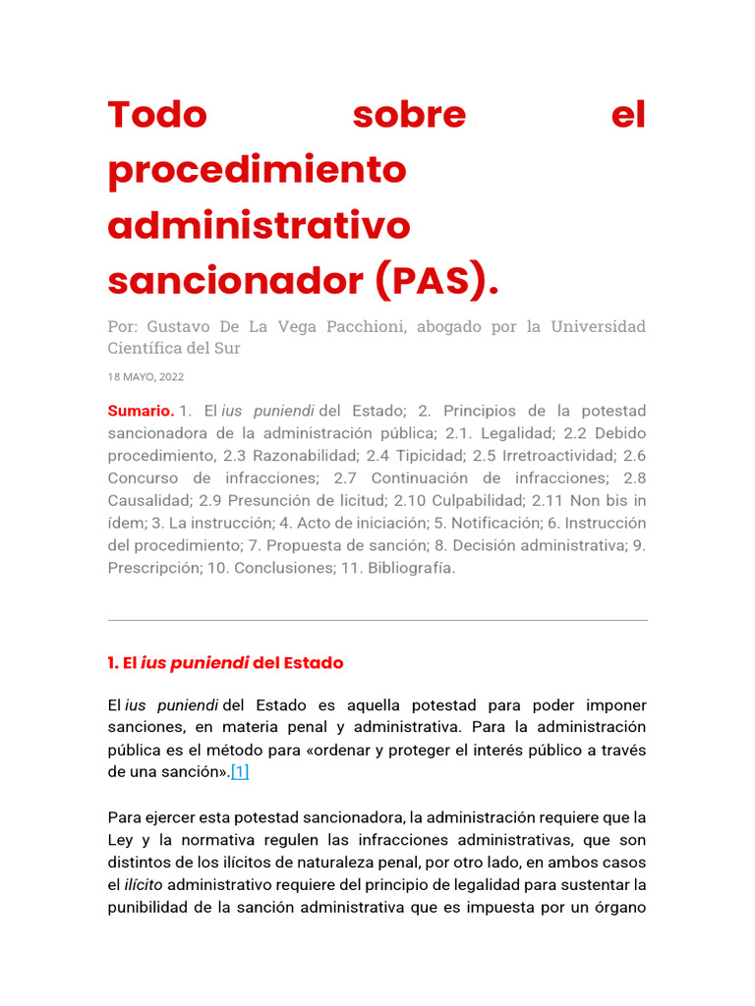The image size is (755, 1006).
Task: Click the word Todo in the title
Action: tap(157, 115)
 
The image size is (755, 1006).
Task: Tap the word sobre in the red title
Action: tap(409, 115)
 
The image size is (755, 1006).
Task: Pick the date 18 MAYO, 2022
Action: tap(145, 376)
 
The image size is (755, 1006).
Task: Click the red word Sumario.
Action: tap(141, 411)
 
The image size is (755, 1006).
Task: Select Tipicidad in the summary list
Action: tap(429, 456)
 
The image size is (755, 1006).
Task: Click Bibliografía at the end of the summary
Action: tap(411, 569)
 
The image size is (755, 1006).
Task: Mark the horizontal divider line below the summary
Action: tap(377, 620)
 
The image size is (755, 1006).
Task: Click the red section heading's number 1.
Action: tap(112, 663)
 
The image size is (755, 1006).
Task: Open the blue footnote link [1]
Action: tap(240, 772)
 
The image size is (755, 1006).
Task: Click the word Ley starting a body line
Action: tap(121, 840)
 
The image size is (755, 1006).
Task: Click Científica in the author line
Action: tap(145, 348)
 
